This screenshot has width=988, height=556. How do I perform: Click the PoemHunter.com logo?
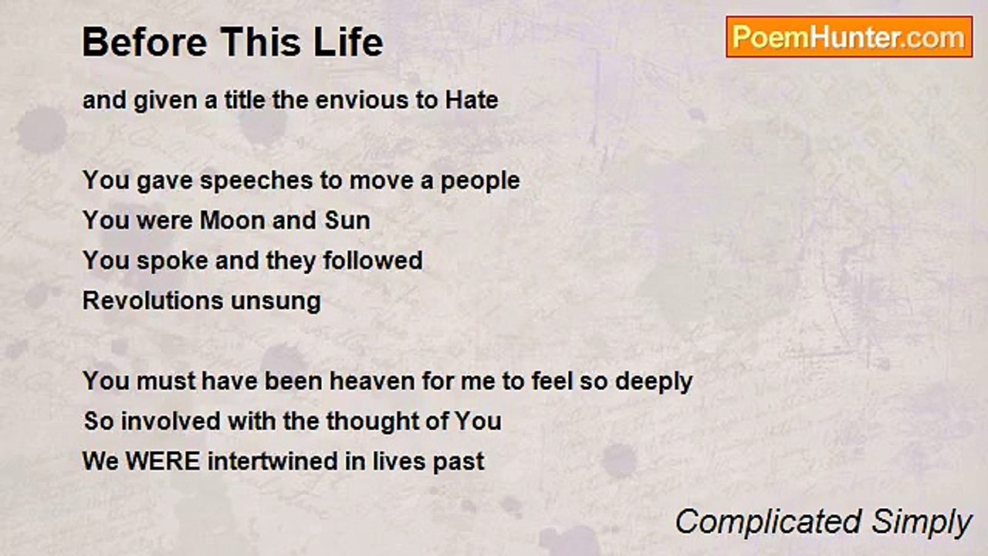pos(849,37)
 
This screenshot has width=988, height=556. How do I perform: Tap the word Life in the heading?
pos(352,42)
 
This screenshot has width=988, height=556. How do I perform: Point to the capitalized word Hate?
pos(471,100)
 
